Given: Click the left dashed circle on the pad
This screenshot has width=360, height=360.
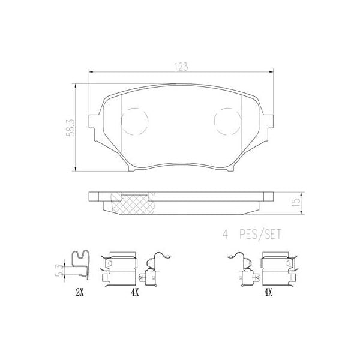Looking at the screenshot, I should click(x=134, y=122).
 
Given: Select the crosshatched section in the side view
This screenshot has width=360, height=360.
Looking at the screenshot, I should click(x=133, y=204).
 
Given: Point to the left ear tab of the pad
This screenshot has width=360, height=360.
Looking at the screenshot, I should click(x=94, y=119).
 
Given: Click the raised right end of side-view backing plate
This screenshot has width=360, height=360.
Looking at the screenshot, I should click(x=263, y=196).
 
